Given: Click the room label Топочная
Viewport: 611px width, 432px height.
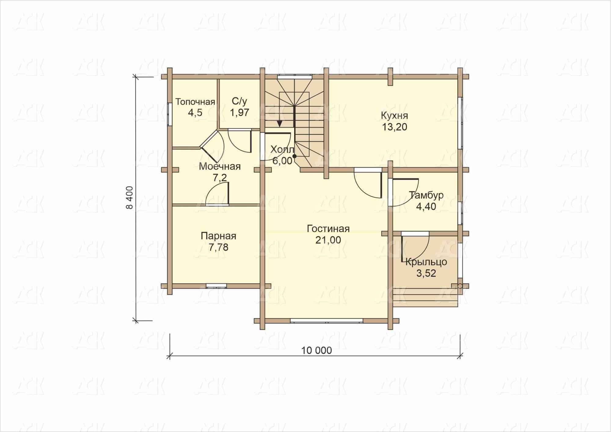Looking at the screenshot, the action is [195, 102].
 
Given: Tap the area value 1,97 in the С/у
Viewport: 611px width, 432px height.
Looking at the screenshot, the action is [240, 113].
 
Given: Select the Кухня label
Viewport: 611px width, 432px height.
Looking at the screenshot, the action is [394, 116].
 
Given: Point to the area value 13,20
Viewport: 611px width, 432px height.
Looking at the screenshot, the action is [395, 127].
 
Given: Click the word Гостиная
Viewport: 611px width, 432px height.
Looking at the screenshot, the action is [328, 229].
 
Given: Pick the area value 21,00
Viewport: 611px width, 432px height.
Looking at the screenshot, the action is [328, 240].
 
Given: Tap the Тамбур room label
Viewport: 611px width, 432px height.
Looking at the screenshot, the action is [426, 195].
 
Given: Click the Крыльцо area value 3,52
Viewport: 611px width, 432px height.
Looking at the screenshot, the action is [426, 273].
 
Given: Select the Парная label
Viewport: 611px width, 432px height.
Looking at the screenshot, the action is [218, 236].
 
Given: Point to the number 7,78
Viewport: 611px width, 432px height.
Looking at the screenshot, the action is [218, 247].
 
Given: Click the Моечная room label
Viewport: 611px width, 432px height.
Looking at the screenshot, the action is [220, 167].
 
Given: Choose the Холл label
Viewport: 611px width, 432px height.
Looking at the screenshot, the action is [282, 150].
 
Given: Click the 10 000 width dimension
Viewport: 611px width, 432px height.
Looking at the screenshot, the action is [316, 350].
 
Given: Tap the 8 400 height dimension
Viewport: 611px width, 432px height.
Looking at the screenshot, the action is [130, 198].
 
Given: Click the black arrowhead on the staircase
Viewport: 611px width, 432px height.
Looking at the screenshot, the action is [280, 123].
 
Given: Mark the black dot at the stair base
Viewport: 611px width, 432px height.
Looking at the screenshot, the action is [294, 156].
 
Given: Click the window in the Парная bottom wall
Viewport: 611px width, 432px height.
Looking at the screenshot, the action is [216, 286].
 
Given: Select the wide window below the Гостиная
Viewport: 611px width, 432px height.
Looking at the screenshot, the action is [327, 321].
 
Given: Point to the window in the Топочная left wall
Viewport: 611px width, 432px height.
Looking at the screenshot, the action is [170, 114].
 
